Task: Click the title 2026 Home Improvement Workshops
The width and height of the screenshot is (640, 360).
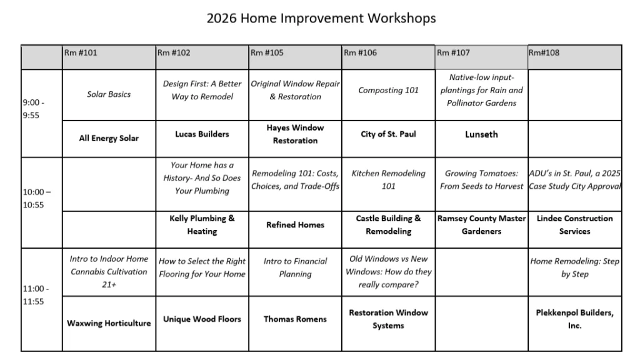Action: (321, 18)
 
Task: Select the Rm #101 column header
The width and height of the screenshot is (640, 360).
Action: (81, 53)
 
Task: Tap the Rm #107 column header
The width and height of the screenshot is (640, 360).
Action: (453, 53)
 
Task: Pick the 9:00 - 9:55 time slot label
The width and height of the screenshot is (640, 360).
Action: (34, 109)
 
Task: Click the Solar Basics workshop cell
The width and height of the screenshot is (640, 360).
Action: (109, 94)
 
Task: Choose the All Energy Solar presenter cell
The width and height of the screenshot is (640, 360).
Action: (109, 138)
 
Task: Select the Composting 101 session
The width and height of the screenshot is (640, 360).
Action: (388, 90)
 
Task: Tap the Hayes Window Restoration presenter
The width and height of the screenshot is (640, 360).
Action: (295, 134)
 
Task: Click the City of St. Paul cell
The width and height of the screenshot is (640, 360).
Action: (388, 134)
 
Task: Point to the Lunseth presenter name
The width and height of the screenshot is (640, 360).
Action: (481, 134)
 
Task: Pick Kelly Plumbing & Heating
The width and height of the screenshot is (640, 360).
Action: (202, 225)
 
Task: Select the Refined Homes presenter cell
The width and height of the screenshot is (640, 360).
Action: (295, 225)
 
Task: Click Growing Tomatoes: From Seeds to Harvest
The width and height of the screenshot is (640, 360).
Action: (481, 180)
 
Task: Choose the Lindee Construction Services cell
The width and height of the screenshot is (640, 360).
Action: (574, 225)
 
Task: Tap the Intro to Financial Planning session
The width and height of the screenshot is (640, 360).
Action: (295, 267)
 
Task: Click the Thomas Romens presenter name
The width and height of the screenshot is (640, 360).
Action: (295, 319)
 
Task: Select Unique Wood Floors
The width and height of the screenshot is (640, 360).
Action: (202, 319)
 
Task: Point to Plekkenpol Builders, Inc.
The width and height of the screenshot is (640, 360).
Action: (574, 319)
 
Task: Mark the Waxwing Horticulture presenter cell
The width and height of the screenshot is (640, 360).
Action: (109, 323)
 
